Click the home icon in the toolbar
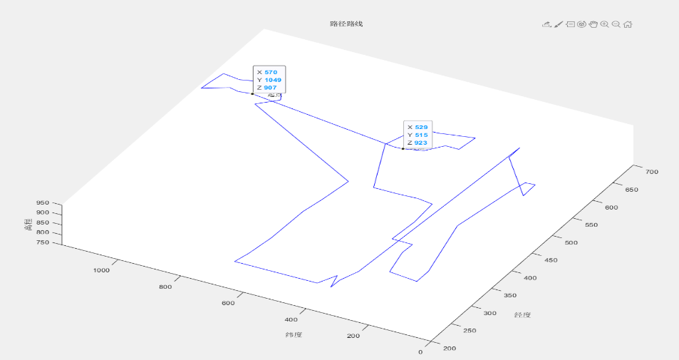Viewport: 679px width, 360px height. (628, 24)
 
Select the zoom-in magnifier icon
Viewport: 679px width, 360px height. (605, 24)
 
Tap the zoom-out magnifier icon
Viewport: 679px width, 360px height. (616, 24)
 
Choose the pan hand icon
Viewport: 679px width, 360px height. (593, 24)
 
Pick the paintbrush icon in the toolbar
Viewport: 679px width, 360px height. (559, 24)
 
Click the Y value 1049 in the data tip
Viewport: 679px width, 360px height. (272, 80)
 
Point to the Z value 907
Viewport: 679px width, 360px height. (270, 88)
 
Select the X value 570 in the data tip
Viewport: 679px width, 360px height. (270, 72)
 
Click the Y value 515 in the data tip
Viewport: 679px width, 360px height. (421, 135)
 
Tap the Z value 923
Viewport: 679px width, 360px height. (421, 143)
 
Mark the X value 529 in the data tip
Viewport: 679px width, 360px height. (421, 127)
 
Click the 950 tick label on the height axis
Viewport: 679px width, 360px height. (42, 203)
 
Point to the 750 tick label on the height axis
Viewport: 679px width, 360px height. (42, 243)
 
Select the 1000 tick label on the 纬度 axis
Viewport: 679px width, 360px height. (101, 270)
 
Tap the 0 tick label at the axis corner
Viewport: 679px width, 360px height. (420, 351)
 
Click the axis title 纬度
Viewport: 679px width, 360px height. (293, 334)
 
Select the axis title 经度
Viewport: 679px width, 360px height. (524, 314)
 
